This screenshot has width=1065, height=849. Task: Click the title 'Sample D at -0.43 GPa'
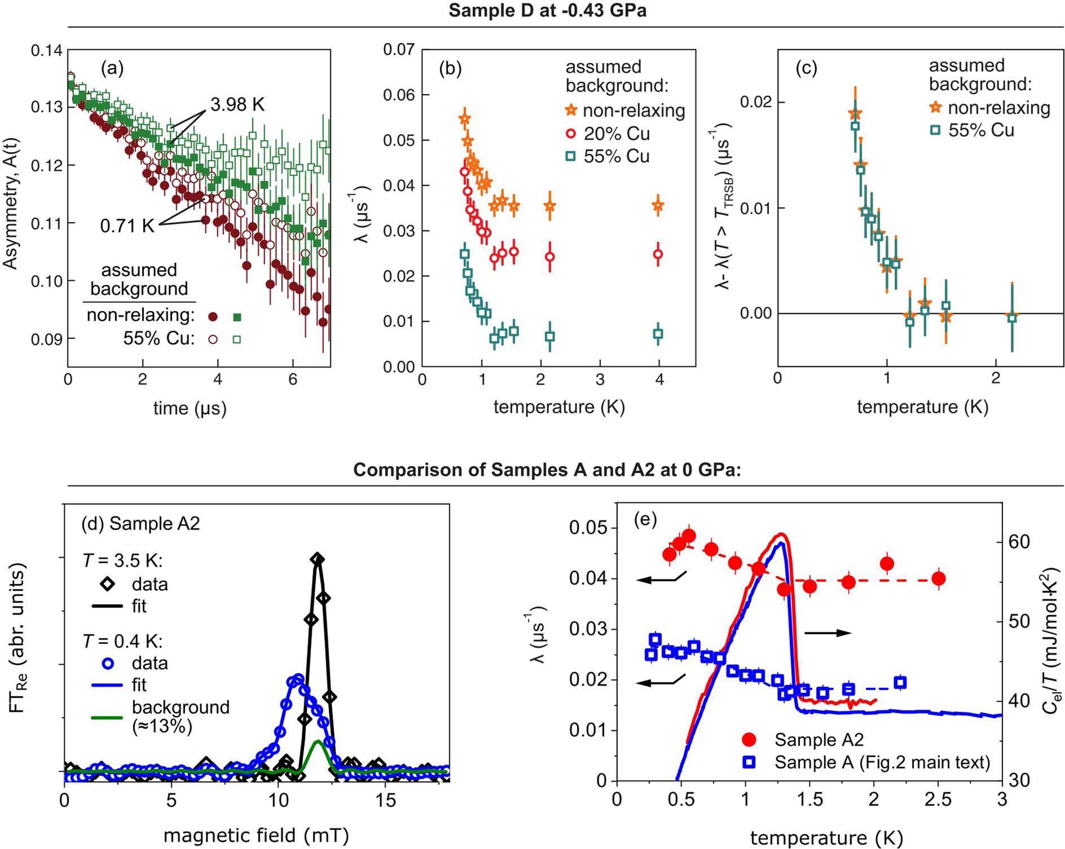coord(547,10)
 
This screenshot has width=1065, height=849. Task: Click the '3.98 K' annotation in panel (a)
coord(237,104)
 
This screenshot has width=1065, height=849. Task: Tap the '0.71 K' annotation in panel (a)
coord(127,226)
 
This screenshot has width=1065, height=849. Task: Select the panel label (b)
coord(450,68)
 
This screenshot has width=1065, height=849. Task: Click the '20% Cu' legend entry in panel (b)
coord(616,134)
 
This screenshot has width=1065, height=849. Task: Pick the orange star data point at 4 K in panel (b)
coord(658,206)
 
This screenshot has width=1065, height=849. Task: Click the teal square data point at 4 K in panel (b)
coord(658,334)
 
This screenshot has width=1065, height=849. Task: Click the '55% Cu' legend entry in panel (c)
coord(981,130)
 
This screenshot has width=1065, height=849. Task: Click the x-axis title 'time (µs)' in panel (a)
coord(190,408)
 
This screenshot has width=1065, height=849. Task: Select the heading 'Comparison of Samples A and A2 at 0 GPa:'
coord(547,470)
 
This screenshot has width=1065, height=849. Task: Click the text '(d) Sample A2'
coord(140,523)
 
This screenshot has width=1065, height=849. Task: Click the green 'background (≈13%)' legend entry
coord(181,717)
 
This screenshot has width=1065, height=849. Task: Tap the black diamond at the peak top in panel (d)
coord(318,559)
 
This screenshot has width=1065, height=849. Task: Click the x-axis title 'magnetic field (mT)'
coord(256,835)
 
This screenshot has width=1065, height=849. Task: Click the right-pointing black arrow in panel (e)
coord(828,633)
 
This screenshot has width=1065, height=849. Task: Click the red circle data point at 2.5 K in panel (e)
coord(939,578)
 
